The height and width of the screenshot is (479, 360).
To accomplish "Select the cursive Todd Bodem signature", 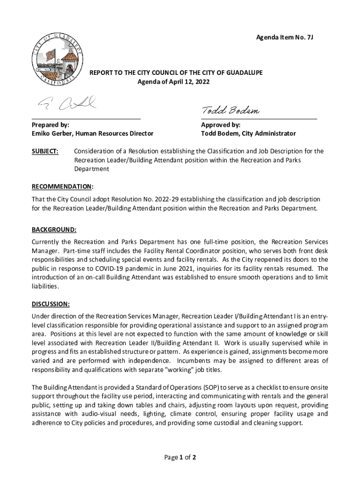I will [x=230, y=110].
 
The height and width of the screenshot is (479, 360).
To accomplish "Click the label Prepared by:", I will [x=50, y=125].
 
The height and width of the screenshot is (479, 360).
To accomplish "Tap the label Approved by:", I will [x=221, y=125].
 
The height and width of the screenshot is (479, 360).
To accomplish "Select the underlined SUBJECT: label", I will [x=45, y=152].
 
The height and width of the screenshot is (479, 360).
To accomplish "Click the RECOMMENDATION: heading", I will [x=62, y=187].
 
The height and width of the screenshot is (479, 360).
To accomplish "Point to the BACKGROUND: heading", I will [x=54, y=230].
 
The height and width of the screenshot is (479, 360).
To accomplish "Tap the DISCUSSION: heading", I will [x=50, y=304].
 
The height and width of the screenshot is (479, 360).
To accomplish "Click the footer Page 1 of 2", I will [x=180, y=457].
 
